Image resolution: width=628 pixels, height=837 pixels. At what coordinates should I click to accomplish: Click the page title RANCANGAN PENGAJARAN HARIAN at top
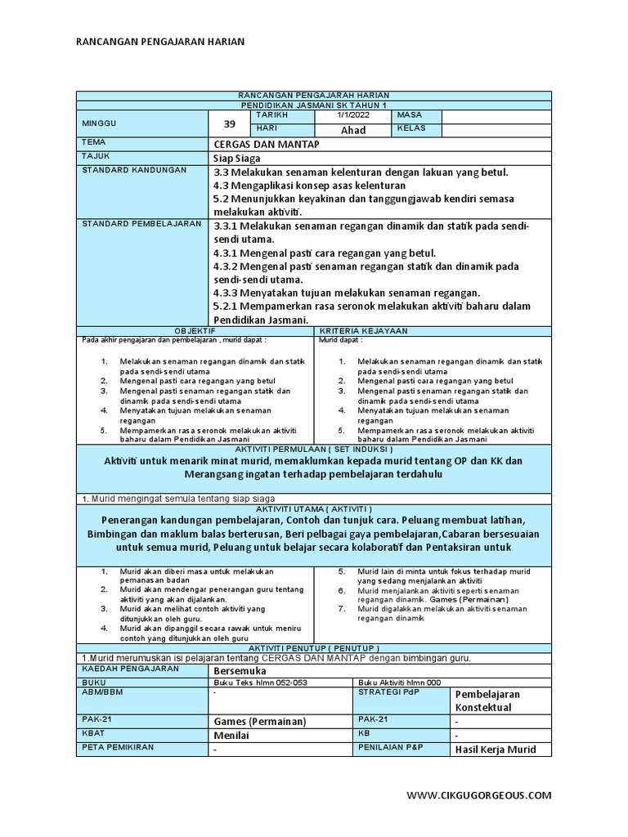(x=159, y=42)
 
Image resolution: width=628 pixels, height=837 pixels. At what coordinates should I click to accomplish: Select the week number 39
(x=228, y=123)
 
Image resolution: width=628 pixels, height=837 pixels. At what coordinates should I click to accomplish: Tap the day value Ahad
(x=352, y=130)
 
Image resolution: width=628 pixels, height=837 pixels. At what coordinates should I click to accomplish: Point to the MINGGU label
(x=99, y=123)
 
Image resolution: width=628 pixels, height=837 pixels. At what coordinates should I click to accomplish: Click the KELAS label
(x=410, y=129)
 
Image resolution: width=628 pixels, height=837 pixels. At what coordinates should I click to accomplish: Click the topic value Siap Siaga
(x=238, y=158)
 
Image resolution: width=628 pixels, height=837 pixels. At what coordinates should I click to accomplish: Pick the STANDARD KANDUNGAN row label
(x=134, y=170)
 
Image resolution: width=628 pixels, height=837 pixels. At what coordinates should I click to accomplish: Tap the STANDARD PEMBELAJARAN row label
(x=141, y=223)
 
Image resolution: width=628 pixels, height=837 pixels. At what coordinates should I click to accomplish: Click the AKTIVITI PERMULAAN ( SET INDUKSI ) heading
(x=313, y=450)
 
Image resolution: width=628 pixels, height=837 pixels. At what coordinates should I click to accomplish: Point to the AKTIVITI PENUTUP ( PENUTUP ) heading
(x=313, y=647)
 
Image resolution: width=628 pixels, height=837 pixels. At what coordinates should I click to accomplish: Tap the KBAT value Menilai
(x=231, y=735)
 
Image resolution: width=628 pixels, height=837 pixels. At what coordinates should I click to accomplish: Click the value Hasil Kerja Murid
(x=496, y=750)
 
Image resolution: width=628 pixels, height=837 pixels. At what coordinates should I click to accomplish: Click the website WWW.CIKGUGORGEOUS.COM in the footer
(x=479, y=794)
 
